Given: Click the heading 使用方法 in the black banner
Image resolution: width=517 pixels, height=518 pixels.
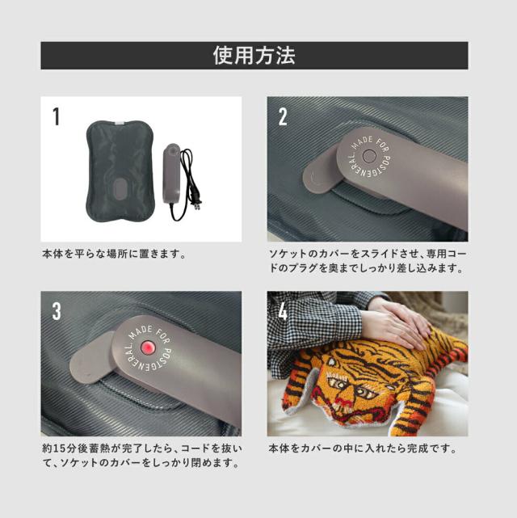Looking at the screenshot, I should pyautogui.click(x=254, y=55).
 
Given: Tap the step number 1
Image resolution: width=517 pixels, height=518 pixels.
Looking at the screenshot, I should pyautogui.click(x=56, y=117).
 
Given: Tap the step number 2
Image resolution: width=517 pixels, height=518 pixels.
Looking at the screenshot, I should pyautogui.click(x=283, y=117).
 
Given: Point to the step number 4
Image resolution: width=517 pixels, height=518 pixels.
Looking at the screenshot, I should pyautogui.click(x=283, y=311).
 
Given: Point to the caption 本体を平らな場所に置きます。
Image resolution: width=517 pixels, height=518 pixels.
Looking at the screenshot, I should pyautogui.click(x=114, y=253).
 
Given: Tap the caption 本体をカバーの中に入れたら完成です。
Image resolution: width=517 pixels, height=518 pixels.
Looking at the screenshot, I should pyautogui.click(x=362, y=448).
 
